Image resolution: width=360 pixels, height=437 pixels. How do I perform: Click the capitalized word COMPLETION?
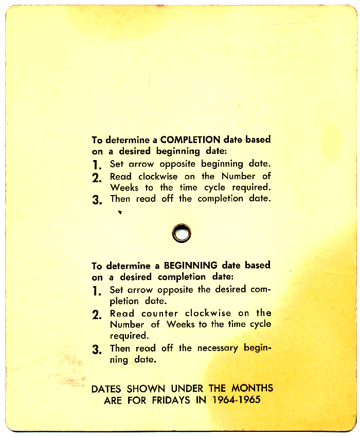coord(190,139)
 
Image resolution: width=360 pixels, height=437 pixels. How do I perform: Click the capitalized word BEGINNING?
coord(190,266)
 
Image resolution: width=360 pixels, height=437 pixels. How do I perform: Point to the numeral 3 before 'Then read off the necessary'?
coord(96,349)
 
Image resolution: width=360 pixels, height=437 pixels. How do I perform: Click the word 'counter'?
coord(160,313)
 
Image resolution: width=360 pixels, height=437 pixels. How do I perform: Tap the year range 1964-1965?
coord(236,400)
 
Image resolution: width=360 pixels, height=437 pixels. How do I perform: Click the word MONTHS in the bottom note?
coord(252,388)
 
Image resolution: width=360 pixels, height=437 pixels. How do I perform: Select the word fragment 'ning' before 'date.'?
coord(119,360)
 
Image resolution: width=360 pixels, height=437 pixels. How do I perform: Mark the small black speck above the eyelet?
coord(120,212)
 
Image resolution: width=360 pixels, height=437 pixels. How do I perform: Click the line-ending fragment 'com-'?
coord(260,289)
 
